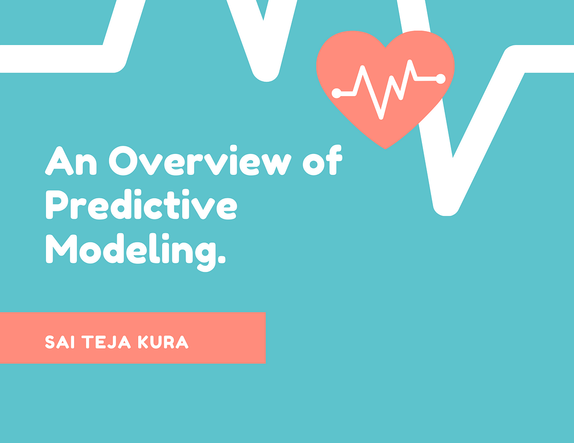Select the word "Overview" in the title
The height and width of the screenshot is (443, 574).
(x=200, y=161)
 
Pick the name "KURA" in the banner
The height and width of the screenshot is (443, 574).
(x=163, y=342)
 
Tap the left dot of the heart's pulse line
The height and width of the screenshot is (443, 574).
(x=336, y=93)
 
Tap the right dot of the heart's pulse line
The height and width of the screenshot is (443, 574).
(x=441, y=78)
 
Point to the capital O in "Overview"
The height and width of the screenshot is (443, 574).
(x=123, y=161)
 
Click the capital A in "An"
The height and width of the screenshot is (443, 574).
(x=59, y=161)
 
